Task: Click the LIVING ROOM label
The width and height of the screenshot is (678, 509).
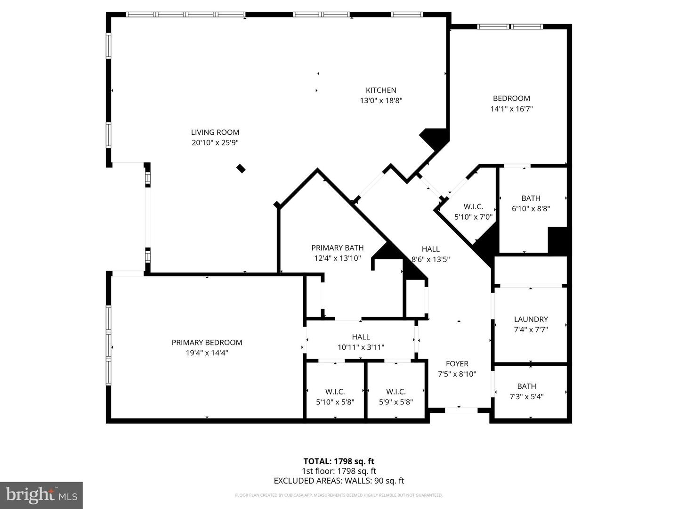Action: [x=215, y=132]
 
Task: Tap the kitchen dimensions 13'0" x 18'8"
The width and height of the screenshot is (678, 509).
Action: [x=381, y=100]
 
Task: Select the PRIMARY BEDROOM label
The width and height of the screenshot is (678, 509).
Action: [x=207, y=343]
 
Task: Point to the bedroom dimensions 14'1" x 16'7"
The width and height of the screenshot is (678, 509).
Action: [x=511, y=109]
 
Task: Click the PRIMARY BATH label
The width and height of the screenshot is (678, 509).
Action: [x=337, y=248]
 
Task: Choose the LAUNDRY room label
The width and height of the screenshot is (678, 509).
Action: [x=531, y=319]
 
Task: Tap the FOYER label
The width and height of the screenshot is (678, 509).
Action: [x=457, y=364]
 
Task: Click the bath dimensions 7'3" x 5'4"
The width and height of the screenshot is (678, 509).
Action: [x=526, y=397]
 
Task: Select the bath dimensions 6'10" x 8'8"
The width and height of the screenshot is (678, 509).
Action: [x=531, y=208]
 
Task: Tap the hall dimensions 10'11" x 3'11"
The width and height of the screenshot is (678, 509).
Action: [x=361, y=347]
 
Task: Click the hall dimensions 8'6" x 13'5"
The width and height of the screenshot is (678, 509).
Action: [x=431, y=259]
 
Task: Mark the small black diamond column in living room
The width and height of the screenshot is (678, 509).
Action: [x=241, y=168]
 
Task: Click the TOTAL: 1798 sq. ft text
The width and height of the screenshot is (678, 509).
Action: [x=339, y=461]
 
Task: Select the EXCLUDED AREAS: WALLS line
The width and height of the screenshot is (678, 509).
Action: [x=339, y=481]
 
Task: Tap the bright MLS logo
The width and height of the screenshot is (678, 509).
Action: [x=41, y=495]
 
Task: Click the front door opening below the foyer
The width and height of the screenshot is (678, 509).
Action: [x=460, y=410]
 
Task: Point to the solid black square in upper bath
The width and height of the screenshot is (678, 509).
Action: [x=558, y=240]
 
